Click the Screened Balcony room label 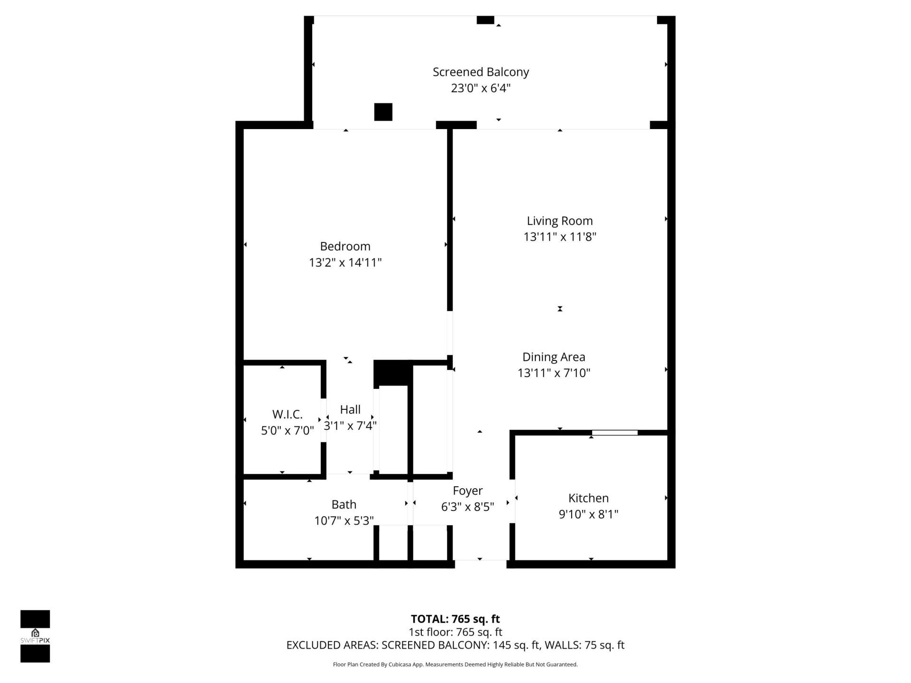[481, 72]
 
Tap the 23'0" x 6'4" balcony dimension [481, 88]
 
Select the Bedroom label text [345, 246]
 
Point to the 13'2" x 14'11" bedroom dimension [345, 262]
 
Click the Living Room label [559, 221]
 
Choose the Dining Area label [554, 357]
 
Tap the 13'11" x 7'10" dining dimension [554, 373]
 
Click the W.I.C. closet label [287, 414]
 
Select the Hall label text [350, 409]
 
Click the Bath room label [344, 504]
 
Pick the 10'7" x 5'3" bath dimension [344, 521]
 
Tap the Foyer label [467, 490]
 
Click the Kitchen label [588, 498]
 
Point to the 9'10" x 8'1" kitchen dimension [588, 514]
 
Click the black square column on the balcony [383, 112]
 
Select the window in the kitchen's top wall [614, 433]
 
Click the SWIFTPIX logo [35, 636]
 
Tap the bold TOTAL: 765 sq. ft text [455, 619]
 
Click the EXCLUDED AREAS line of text [455, 645]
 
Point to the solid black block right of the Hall [391, 373]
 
